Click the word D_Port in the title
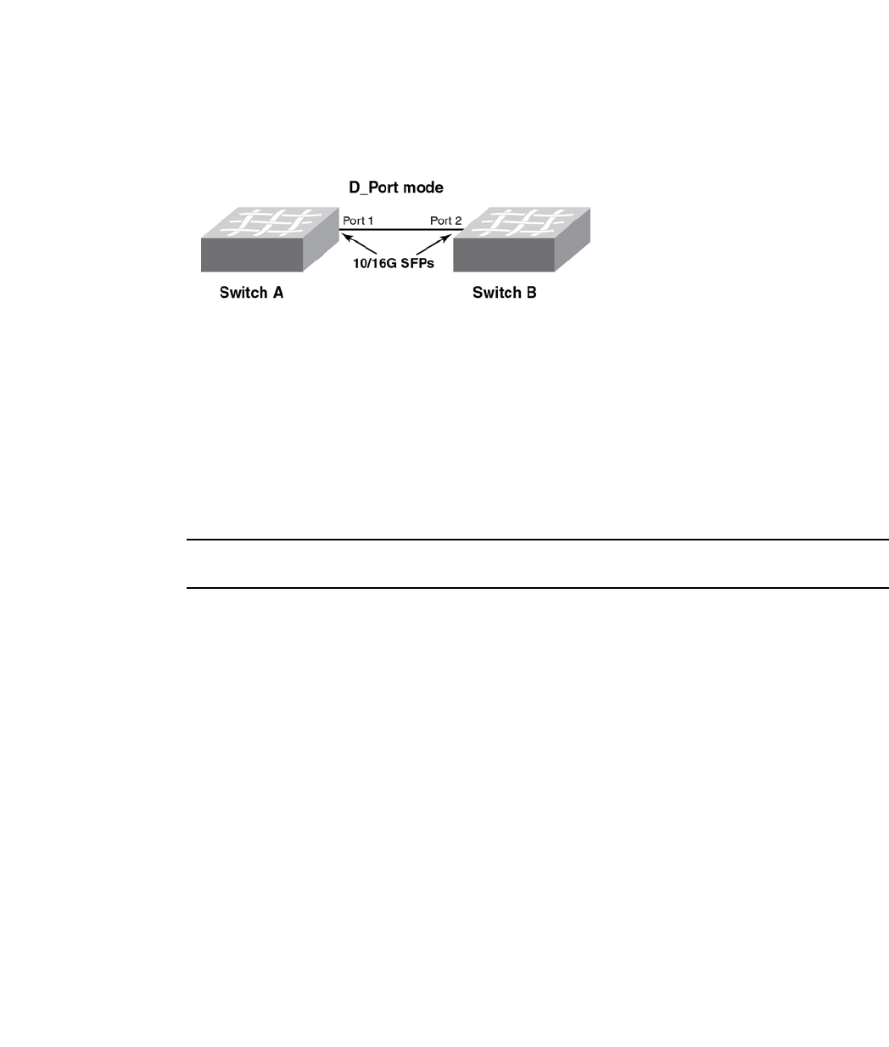pyautogui.click(x=373, y=188)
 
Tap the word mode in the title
pyautogui.click(x=422, y=188)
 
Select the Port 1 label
pyautogui.click(x=358, y=221)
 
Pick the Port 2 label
pyautogui.click(x=445, y=221)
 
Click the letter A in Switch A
pyautogui.click(x=277, y=294)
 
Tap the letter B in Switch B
pyautogui.click(x=530, y=294)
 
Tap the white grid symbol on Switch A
pyautogui.click(x=268, y=221)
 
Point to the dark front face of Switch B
pyautogui.click(x=504, y=255)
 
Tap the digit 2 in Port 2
pyautogui.click(x=458, y=221)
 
